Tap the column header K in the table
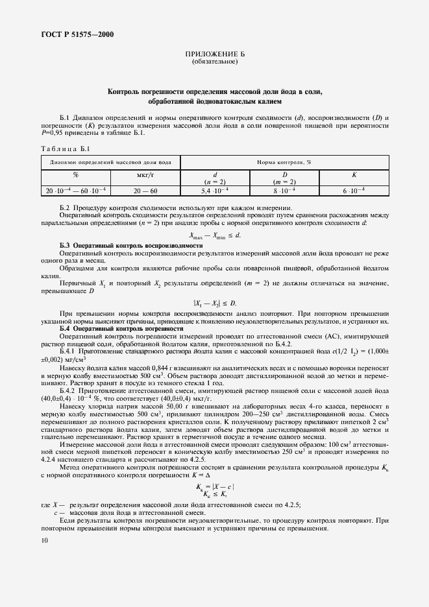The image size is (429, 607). tap(354, 175)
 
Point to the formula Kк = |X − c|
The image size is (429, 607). tap(215, 486)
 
